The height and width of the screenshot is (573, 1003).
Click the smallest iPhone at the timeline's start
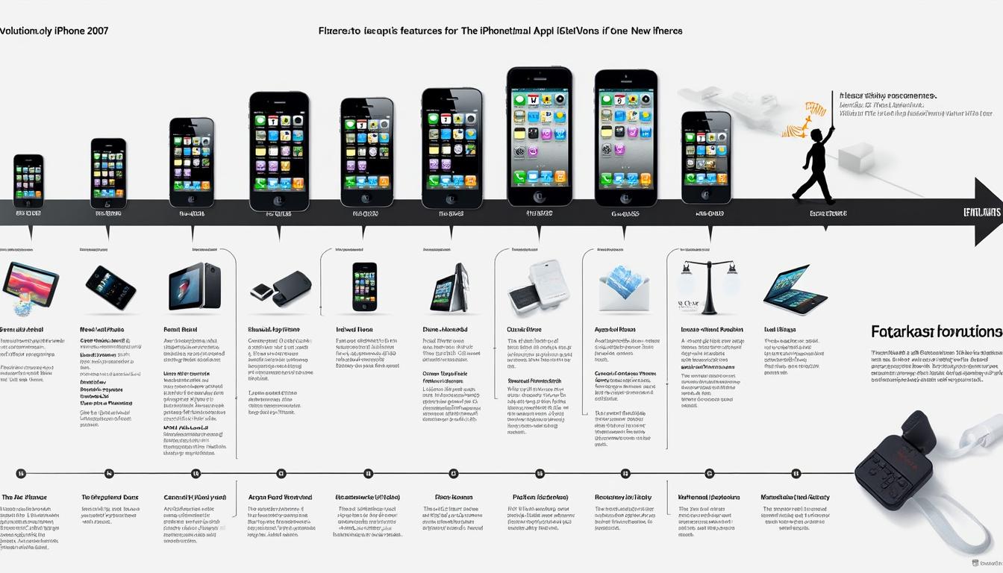28,181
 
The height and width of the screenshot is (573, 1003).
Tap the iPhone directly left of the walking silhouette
706,157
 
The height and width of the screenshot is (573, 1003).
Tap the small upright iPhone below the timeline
364,286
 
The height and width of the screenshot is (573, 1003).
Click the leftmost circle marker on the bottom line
21,473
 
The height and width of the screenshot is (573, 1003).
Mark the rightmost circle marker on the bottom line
796,473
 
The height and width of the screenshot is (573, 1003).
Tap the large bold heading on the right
936,331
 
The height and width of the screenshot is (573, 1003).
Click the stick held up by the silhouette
831,112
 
